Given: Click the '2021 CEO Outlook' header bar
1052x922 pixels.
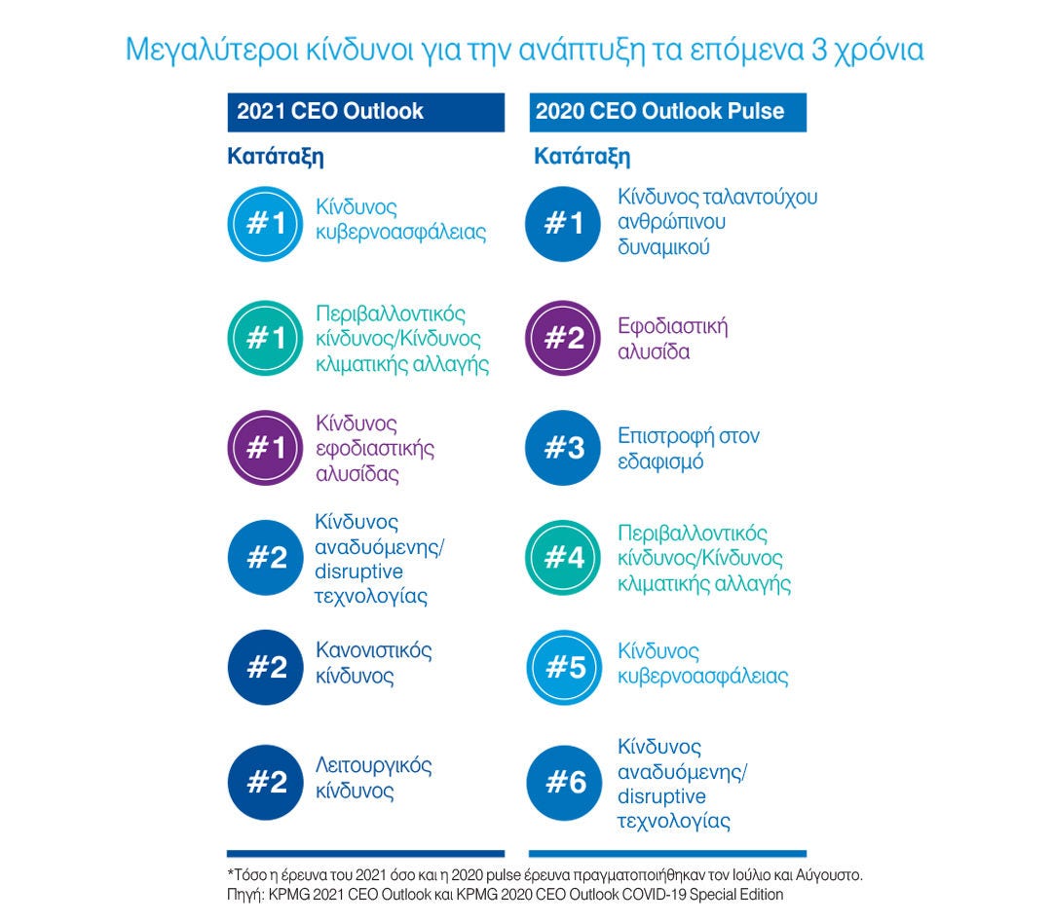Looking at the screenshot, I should click(365, 112).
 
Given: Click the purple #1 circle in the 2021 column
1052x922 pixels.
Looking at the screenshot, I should click(265, 448).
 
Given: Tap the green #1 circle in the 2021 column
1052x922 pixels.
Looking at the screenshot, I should click(265, 338).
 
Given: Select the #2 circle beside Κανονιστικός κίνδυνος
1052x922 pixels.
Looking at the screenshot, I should click(265, 668).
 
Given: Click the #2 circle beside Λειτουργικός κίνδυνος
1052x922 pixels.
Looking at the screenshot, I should click(265, 782).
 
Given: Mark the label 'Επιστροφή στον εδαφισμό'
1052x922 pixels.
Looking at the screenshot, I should click(689, 448).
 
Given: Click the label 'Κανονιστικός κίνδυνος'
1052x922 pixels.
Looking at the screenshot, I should click(373, 662).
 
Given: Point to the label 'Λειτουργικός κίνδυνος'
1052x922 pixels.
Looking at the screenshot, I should click(373, 778).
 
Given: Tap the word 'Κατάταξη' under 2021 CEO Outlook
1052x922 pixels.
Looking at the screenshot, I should click(276, 156).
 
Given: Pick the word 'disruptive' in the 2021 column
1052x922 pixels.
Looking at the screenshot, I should click(358, 571).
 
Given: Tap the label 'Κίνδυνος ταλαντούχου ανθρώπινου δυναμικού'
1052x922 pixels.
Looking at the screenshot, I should click(718, 222).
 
